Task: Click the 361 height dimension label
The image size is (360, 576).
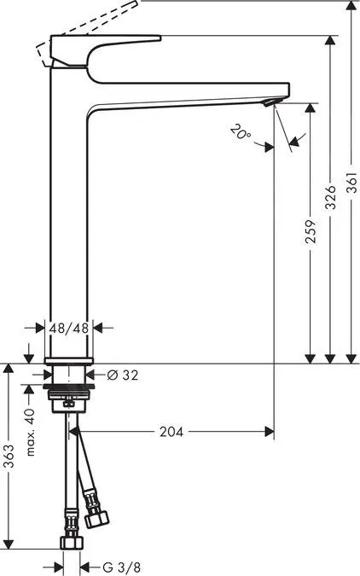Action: [351, 197]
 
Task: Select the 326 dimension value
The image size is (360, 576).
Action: [330, 197]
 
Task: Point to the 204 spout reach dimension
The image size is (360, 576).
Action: [171, 432]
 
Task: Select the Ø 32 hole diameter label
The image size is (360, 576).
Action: [124, 374]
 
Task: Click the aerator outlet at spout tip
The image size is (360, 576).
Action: [270, 102]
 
